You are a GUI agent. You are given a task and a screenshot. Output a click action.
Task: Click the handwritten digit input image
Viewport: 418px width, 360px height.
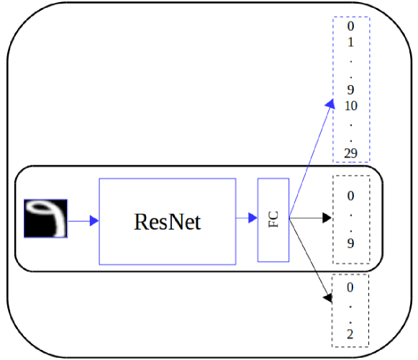pyautogui.click(x=46, y=218)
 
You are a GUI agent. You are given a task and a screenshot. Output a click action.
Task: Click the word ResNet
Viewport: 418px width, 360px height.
pyautogui.click(x=167, y=222)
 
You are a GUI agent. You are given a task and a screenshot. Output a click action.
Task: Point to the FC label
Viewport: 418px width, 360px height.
pyautogui.click(x=273, y=220)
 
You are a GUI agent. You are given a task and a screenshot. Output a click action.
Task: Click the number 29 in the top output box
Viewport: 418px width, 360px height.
pyautogui.click(x=351, y=153)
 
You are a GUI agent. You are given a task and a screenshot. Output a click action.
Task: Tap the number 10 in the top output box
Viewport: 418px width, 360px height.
pyautogui.click(x=351, y=106)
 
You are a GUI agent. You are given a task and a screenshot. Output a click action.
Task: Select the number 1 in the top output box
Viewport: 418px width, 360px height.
pyautogui.click(x=351, y=42)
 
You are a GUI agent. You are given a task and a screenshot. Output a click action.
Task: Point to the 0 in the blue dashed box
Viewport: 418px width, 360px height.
pyautogui.click(x=351, y=27)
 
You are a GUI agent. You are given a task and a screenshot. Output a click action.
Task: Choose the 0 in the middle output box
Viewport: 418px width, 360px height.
pyautogui.click(x=351, y=195)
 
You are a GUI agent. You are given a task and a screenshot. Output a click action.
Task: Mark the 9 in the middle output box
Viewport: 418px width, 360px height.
pyautogui.click(x=351, y=243)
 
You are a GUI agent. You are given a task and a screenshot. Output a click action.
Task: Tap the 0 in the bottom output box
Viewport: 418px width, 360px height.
pyautogui.click(x=351, y=288)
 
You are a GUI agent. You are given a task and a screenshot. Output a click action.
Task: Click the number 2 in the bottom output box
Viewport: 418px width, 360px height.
pyautogui.click(x=351, y=335)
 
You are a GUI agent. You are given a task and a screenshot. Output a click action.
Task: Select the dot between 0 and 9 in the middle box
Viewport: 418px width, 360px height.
pyautogui.click(x=351, y=217)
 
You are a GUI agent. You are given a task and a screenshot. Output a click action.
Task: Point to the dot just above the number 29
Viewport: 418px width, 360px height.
pyautogui.click(x=351, y=137)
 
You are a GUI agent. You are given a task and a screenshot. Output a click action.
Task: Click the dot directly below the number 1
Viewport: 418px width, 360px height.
pyautogui.click(x=351, y=58)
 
